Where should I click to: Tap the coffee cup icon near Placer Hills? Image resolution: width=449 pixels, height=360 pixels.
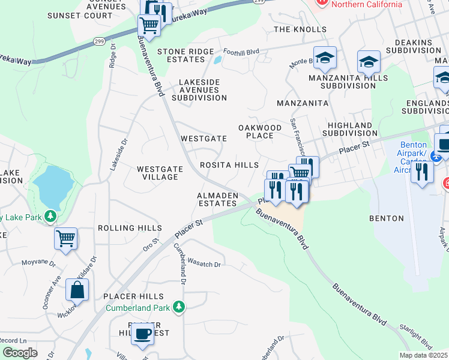pos(142,334)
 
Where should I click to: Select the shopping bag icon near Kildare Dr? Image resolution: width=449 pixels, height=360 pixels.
pos(77,290)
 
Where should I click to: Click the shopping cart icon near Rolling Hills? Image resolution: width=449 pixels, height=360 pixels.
pos(65,238)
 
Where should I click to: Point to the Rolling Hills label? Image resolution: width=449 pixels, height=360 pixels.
pos(130,228)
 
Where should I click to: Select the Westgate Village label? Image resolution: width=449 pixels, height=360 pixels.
pos(157,173)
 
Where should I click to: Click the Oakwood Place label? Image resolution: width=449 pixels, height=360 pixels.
pos(260,131)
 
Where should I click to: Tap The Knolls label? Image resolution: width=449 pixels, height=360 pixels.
pos(300,29)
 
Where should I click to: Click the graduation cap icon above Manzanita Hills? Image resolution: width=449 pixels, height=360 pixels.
pos(325,58)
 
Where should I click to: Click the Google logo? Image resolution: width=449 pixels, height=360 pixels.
pos(19,353)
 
